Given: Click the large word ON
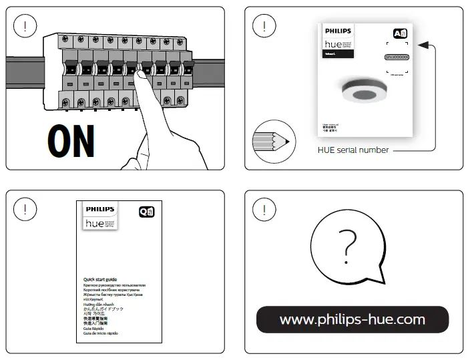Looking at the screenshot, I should [71, 141].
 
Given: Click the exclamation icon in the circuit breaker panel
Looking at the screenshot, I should [25, 27].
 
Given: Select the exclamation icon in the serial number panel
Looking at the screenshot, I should [264, 27].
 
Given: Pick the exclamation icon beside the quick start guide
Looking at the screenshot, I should [25, 208].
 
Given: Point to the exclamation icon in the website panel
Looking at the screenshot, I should [264, 208].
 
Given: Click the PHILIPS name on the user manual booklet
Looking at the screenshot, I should [336, 31].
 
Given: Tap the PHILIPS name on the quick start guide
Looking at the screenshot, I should [100, 208].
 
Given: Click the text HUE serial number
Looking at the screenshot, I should [353, 150].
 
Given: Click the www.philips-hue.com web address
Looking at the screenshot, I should [353, 319].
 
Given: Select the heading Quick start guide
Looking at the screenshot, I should [100, 279].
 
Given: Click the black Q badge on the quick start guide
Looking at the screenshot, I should [146, 212].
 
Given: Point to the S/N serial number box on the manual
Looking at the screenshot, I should [397, 57].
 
